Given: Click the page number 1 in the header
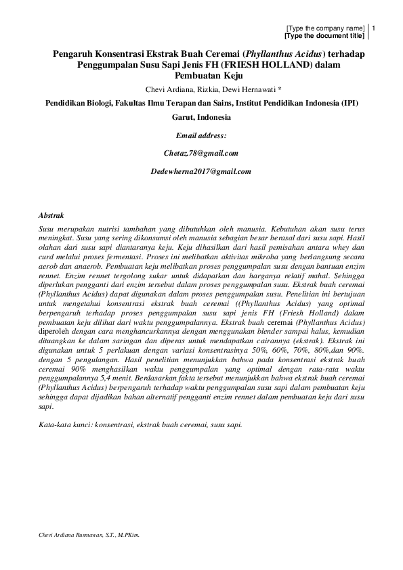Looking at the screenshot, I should click(374, 28).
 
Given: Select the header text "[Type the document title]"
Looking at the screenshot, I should click(324, 35).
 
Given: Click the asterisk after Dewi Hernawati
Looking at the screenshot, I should click(261, 89).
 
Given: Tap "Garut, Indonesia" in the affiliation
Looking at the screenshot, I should click(201, 116).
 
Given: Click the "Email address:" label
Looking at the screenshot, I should click(201, 136).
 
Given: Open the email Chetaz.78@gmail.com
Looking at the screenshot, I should click(201, 154).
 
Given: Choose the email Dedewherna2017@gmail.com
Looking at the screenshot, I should click(201, 172).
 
